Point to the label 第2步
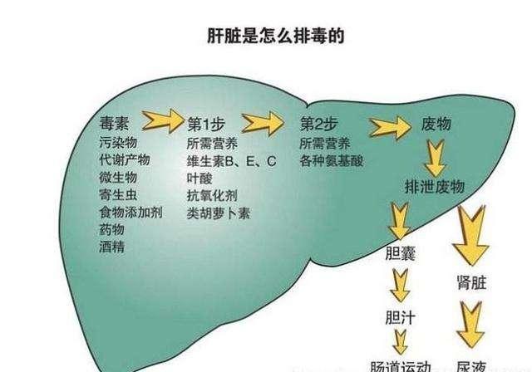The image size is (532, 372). [317, 125]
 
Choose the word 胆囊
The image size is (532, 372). [401, 251]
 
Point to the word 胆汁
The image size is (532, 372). [401, 317]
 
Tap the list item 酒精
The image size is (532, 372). [111, 247]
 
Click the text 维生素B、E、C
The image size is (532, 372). [223, 160]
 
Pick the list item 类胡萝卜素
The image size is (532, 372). [219, 213]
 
